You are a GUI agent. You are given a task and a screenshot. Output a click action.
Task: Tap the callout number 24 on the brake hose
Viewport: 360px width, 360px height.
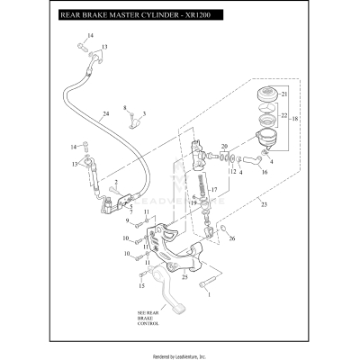coord(105,114)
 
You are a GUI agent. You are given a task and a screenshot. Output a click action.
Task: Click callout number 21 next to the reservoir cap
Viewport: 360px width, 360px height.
coord(283,94)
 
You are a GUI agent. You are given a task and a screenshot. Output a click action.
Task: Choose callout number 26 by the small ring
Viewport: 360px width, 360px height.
coord(232,239)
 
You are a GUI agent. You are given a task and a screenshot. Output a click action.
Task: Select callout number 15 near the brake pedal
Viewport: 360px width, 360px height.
coord(139,286)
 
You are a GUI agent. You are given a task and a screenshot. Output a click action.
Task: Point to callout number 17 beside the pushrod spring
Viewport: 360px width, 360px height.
coord(214,191)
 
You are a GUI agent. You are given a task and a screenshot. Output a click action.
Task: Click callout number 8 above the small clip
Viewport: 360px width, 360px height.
coord(124,108)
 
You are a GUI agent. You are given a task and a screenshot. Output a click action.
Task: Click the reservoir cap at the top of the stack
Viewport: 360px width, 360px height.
coord(265,94)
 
